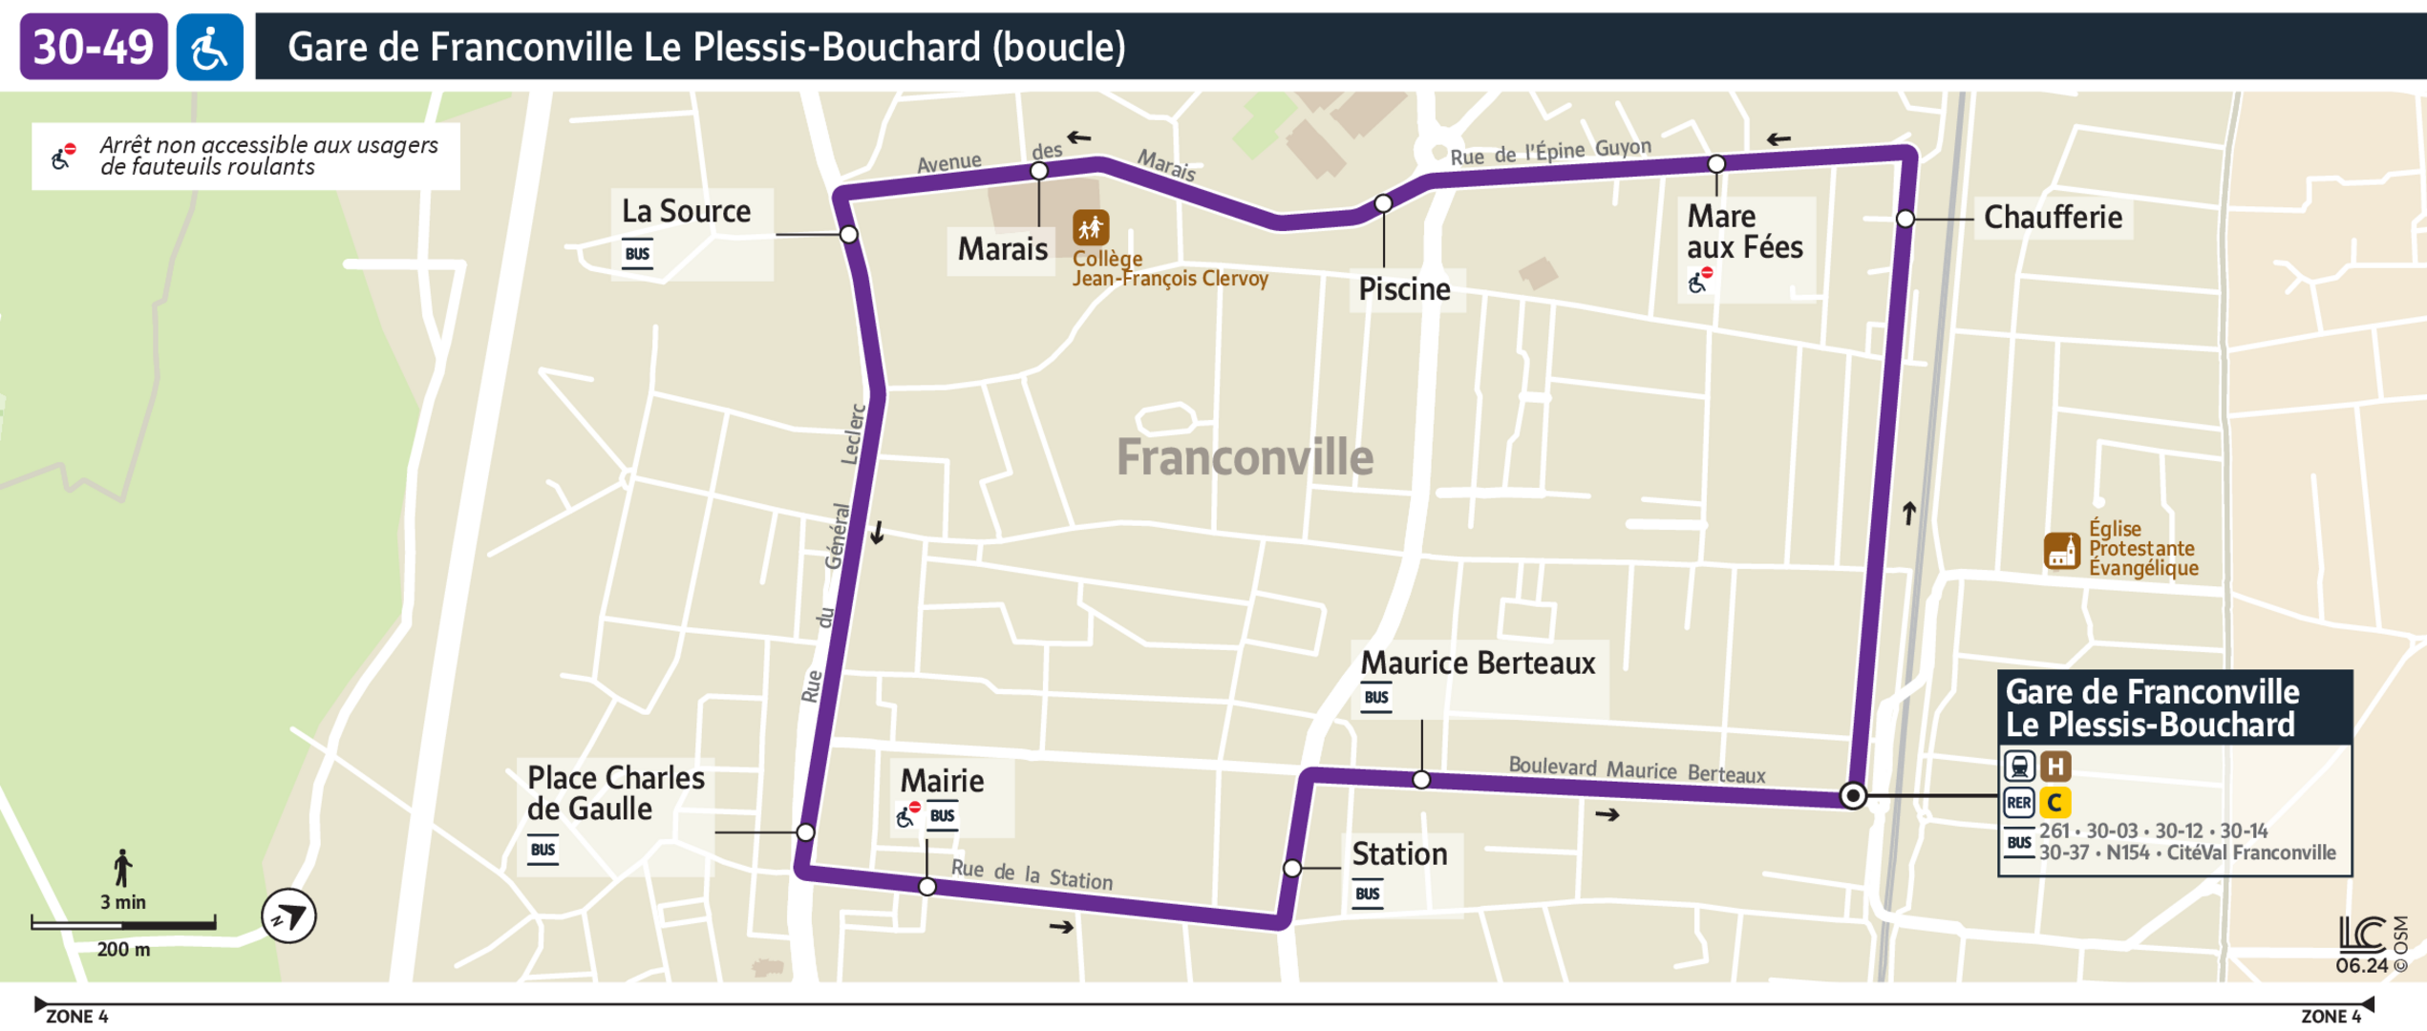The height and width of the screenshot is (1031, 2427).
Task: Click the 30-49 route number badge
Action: coord(94,46)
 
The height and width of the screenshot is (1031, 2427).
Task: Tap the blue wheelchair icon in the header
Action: coord(210,47)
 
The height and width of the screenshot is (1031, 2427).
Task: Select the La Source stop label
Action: coord(686,211)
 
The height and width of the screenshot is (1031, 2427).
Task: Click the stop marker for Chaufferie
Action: coord(1905,219)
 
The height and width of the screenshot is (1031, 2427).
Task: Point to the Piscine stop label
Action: coord(1404,289)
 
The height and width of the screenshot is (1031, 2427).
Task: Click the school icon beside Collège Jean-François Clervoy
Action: coord(1090,228)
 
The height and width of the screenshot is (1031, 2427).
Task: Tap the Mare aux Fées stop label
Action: coord(1744,232)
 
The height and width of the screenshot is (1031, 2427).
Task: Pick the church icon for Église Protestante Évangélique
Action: coord(2061,551)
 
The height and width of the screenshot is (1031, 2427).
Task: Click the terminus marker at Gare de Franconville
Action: coord(1852,795)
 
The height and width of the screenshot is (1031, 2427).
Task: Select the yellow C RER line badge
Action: coord(2054,802)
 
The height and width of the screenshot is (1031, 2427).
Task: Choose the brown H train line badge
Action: coord(2055,766)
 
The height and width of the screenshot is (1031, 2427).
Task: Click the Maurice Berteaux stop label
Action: coord(1477,663)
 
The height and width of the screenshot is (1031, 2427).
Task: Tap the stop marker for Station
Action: coord(1291,868)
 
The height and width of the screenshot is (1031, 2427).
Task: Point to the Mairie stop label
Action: coord(942,781)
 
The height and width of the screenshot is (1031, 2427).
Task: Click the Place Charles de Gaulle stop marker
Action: coord(805,832)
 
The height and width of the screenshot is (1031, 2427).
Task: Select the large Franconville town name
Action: coord(1245,457)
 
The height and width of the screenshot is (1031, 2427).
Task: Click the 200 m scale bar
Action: coord(123,923)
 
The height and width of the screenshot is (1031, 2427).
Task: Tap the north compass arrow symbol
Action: coord(288,915)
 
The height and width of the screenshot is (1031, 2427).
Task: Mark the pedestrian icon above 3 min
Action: coord(122,868)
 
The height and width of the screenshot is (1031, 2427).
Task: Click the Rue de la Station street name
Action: coord(1032,874)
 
